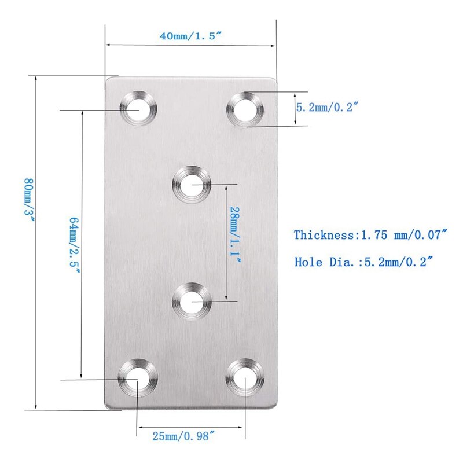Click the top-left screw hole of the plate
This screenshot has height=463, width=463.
pyautogui.click(x=139, y=108)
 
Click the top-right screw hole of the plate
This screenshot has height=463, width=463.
pyautogui.click(x=245, y=108)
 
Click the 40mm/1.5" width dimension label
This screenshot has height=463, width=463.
pyautogui.click(x=190, y=36)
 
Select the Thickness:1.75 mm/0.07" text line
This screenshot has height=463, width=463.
pyautogui.click(x=371, y=235)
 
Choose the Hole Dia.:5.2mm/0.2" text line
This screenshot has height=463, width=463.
pyautogui.click(x=364, y=262)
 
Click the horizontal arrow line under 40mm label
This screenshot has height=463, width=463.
pyautogui.click(x=190, y=45)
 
